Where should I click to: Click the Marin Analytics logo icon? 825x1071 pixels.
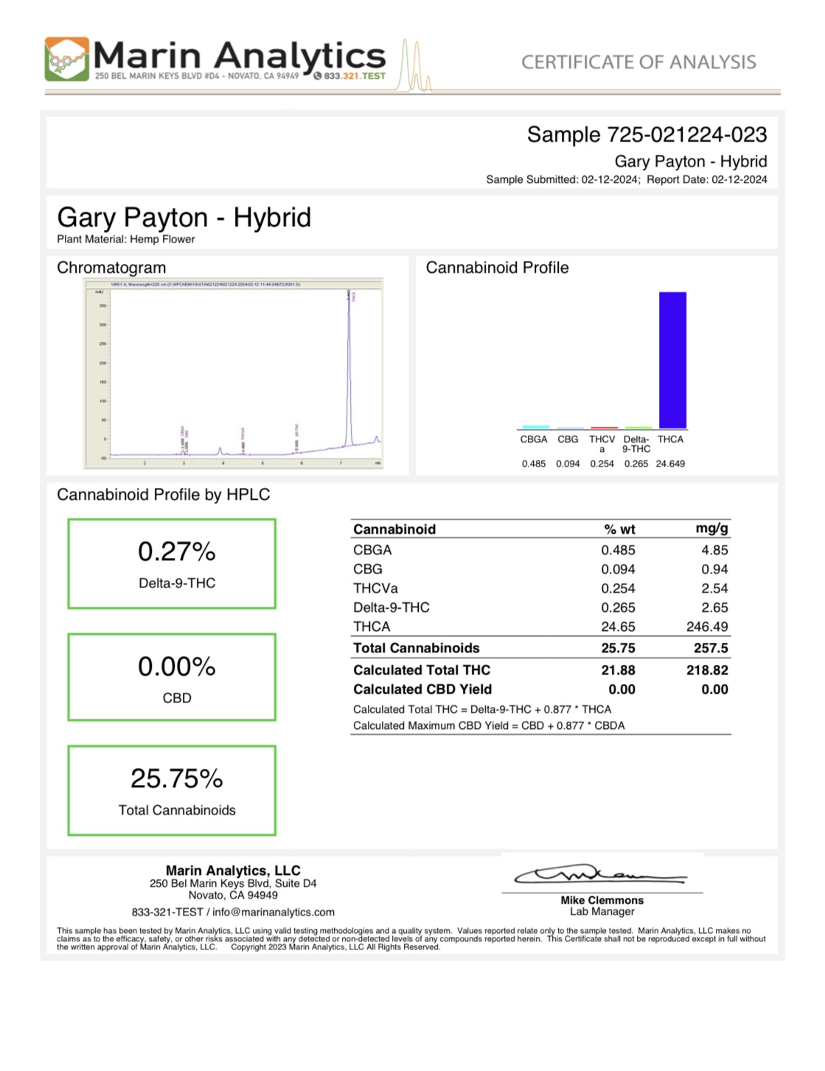[x=67, y=59]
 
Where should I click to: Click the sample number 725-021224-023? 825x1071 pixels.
[x=686, y=135]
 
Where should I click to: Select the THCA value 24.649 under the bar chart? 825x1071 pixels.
[x=670, y=464]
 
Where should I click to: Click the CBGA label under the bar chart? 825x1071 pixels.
[x=534, y=439]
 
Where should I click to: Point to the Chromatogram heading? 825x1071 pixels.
[x=111, y=268]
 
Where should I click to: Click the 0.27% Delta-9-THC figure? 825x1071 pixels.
[x=177, y=551]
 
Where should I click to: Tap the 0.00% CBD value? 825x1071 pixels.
[x=177, y=666]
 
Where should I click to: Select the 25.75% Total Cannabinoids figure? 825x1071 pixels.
[x=177, y=778]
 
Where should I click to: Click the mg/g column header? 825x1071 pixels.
[x=711, y=528]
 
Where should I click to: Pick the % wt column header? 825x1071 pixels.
[x=619, y=529]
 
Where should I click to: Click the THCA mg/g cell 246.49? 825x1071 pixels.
[x=707, y=627]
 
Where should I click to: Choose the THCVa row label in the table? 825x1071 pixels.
[x=375, y=588]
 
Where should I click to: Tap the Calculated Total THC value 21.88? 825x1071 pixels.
[x=618, y=670]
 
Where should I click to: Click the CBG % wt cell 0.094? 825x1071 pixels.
[x=618, y=569]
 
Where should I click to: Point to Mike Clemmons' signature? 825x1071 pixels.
[x=600, y=875]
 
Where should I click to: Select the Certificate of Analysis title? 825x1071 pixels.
[x=638, y=62]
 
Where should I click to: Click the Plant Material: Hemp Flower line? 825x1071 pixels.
[x=126, y=239]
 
